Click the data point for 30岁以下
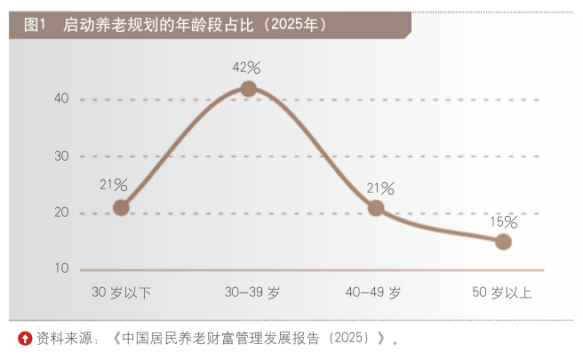122,208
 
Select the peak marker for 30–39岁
249,88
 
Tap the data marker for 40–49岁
376,208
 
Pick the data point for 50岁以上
503,242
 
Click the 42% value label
247,67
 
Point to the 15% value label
503,221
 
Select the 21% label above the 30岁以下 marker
114,185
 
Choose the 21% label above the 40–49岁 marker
380,188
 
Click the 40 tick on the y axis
61,99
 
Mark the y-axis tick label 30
61,156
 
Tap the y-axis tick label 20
61,212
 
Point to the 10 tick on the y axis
61,268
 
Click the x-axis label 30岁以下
122,292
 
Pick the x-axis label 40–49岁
374,292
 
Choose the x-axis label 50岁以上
503,292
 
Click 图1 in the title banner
36,25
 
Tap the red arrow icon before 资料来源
25,338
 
